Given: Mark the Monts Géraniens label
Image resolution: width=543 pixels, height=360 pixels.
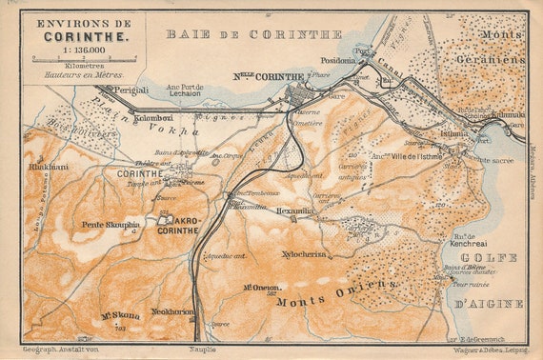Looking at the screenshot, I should tap(490, 47).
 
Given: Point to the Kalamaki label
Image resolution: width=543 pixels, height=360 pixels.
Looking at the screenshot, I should tap(498, 114).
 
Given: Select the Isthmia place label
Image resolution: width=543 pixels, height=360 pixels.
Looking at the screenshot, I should tap(454, 134).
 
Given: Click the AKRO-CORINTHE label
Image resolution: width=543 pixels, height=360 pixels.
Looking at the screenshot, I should tap(179, 225).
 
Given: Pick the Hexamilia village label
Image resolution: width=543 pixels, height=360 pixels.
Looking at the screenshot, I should tap(294, 210).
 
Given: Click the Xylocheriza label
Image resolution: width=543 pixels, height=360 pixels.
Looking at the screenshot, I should tap(305, 254).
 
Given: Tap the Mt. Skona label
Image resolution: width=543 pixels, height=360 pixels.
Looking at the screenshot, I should tap(120, 315).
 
